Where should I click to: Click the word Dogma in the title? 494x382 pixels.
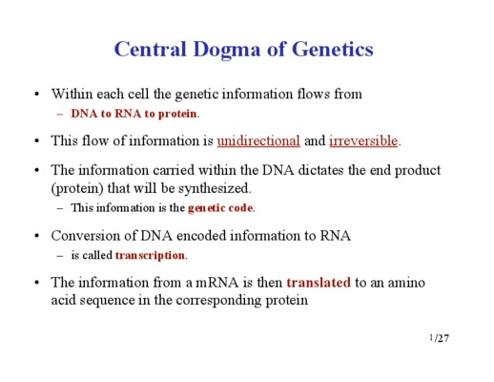click(227, 50)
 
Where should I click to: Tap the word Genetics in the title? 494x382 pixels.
click(332, 49)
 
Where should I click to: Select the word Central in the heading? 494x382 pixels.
click(150, 49)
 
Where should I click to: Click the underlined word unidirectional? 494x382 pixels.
click(258, 140)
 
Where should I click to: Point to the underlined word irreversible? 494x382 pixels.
click(363, 140)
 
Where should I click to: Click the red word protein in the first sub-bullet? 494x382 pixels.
click(177, 114)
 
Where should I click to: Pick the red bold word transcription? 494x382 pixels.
click(150, 255)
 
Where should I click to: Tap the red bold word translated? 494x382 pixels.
click(319, 283)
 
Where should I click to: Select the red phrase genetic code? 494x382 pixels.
click(220, 208)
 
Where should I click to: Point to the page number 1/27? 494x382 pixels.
click(440, 338)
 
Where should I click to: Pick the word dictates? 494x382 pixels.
click(320, 170)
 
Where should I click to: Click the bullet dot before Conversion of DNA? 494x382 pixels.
click(37, 236)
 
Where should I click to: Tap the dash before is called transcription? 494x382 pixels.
click(60, 256)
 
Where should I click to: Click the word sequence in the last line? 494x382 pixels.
click(107, 301)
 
